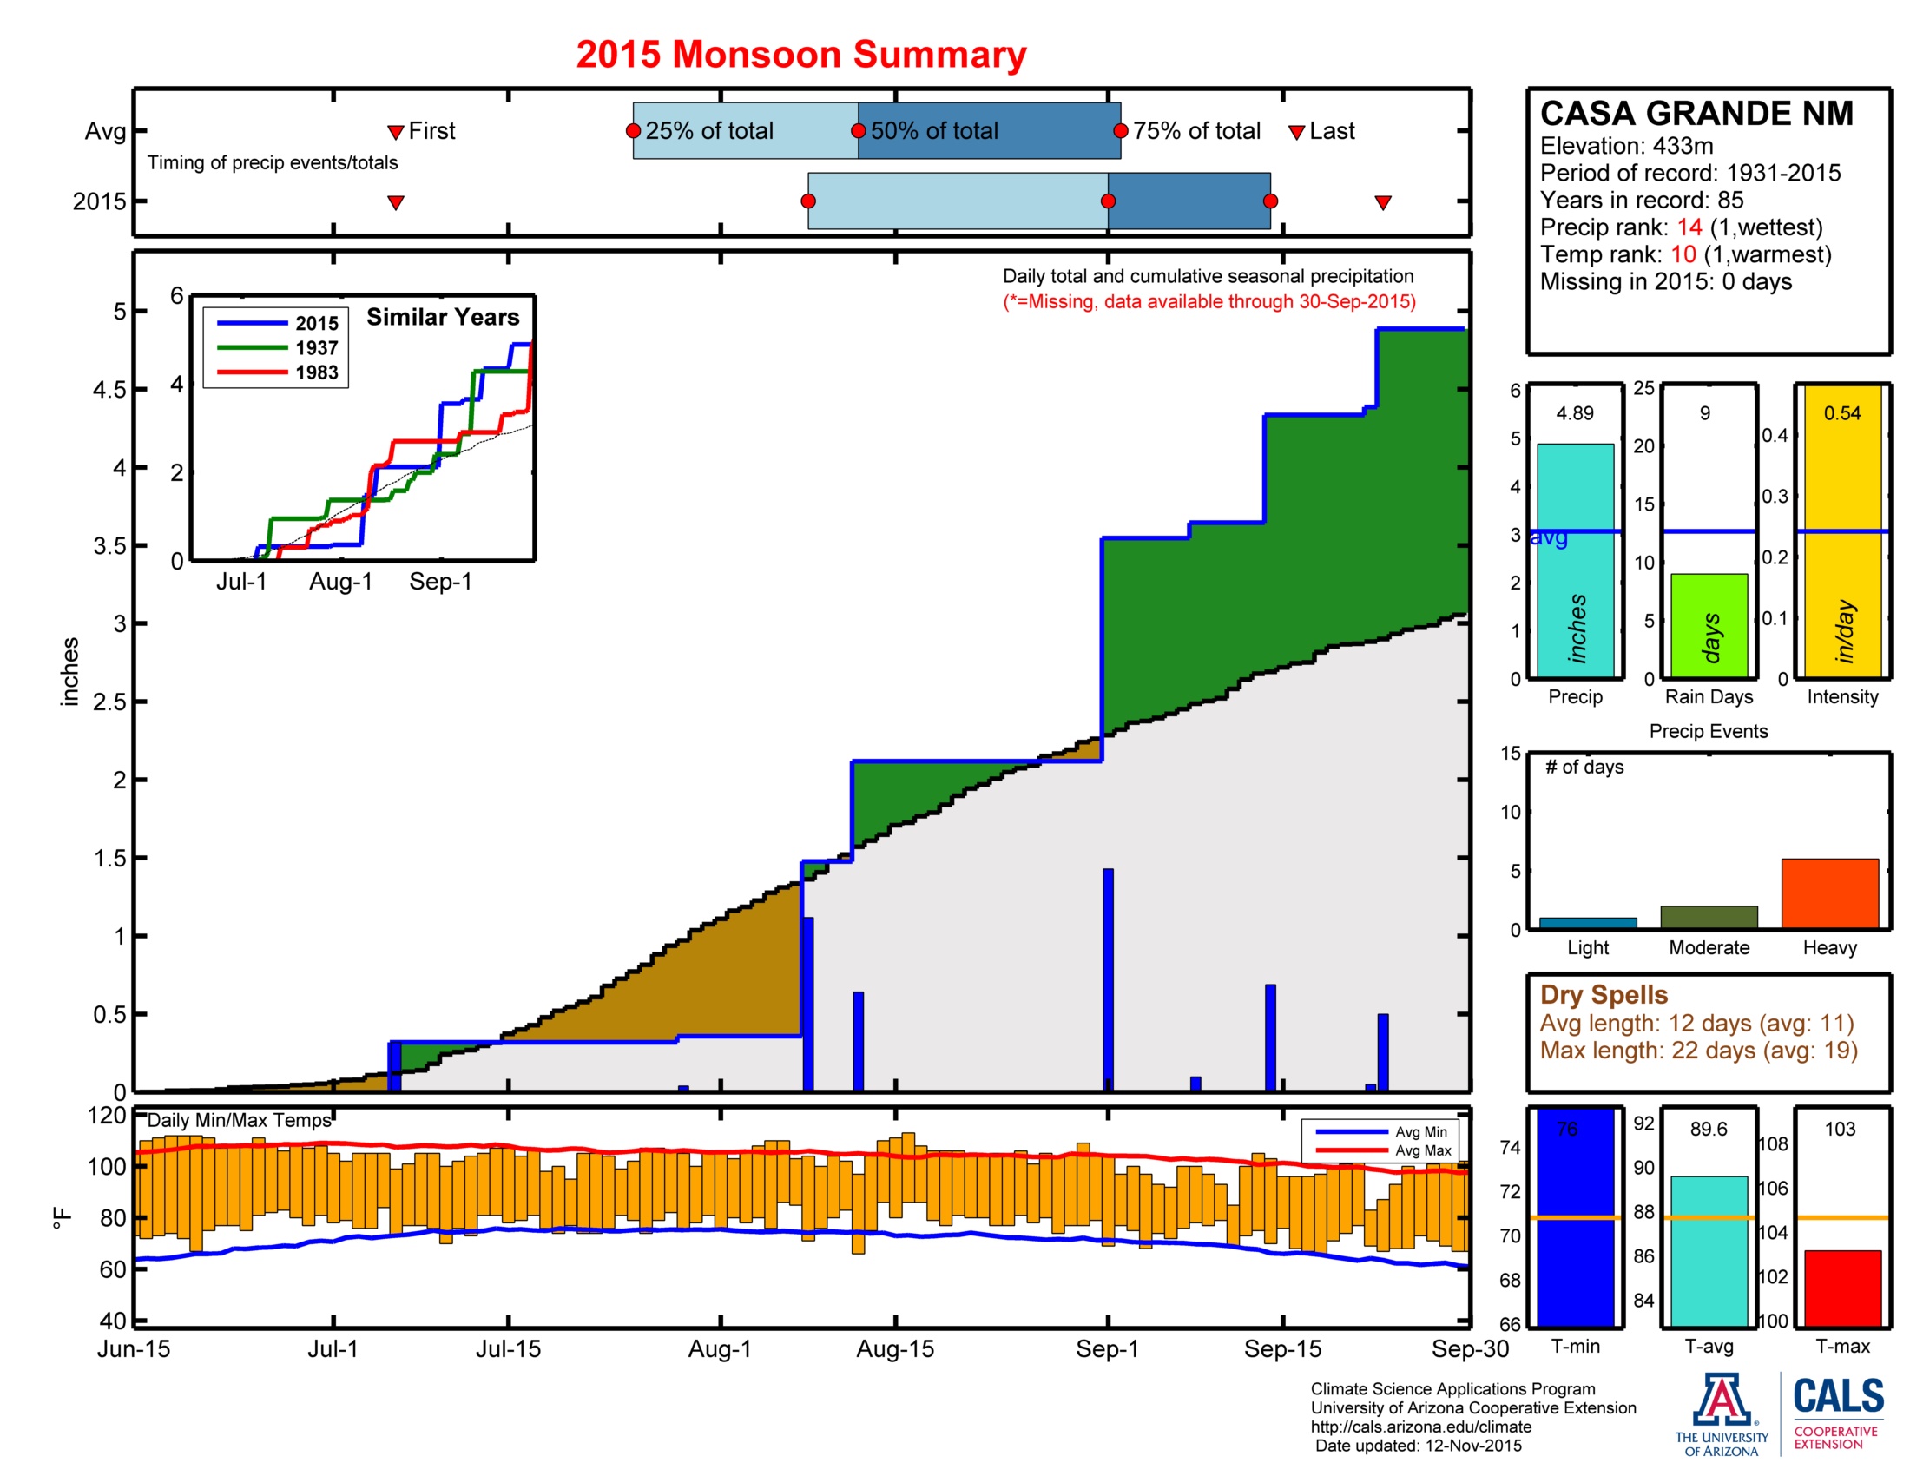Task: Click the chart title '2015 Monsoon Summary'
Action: [800, 54]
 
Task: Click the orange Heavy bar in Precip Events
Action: [1828, 893]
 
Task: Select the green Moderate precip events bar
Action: [1708, 916]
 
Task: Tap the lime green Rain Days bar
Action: [1708, 625]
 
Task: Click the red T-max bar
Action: [1841, 1287]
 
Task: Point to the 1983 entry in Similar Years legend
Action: [316, 372]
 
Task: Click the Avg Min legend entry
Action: [1420, 1131]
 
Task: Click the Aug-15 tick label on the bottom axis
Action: [894, 1349]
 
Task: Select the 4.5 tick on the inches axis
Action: [109, 389]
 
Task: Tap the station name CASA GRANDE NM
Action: [1696, 114]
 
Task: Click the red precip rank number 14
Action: [1689, 227]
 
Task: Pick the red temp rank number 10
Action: [1683, 254]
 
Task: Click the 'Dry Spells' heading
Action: [1603, 994]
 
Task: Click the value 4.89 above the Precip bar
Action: [1574, 412]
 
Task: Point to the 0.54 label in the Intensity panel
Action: [1841, 412]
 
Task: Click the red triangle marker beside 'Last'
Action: [1296, 132]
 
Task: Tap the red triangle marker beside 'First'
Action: [395, 132]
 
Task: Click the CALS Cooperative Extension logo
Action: [1837, 1412]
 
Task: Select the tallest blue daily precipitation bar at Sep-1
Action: [1108, 979]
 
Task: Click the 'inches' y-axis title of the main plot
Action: [70, 671]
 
